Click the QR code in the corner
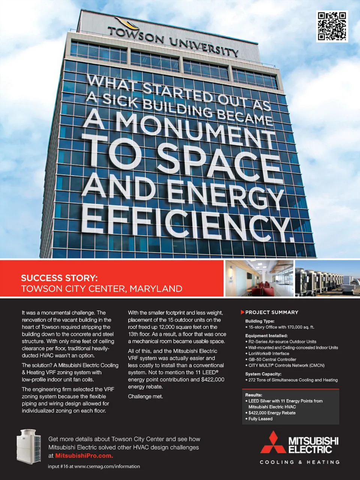332,26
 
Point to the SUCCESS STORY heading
59,278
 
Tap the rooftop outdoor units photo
327,278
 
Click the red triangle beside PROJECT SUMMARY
243,312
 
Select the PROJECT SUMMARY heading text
272,312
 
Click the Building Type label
260,321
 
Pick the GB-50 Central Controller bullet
272,360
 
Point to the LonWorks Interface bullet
269,354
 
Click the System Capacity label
263,374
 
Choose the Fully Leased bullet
260,419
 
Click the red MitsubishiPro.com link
84,456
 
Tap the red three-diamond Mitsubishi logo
273,442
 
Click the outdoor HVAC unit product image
28,445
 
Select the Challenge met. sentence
145,397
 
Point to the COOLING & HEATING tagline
300,462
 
